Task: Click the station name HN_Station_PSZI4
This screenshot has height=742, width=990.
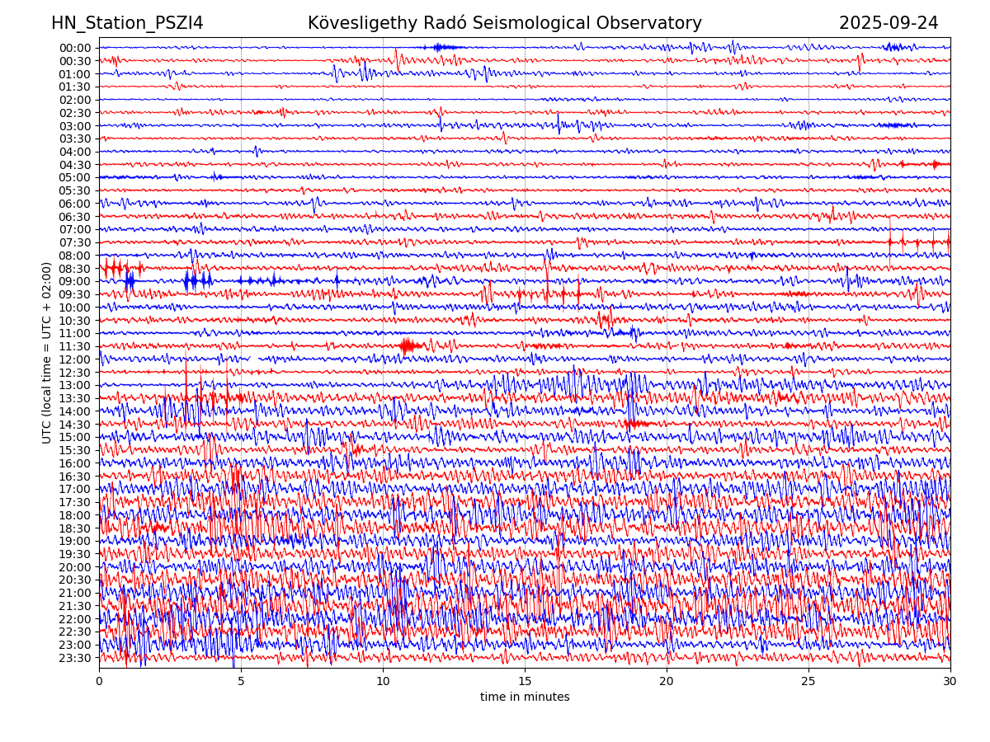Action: (x=127, y=23)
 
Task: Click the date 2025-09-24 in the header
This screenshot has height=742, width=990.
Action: (x=889, y=23)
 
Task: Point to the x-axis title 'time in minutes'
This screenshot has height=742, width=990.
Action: (x=525, y=697)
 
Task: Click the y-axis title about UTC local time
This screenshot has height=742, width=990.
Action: (x=47, y=352)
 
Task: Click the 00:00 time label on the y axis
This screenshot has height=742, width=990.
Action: (x=75, y=48)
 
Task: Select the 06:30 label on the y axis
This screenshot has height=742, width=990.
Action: (x=75, y=217)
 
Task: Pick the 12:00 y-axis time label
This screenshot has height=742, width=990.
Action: (x=75, y=359)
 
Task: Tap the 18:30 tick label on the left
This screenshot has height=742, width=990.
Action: (x=75, y=528)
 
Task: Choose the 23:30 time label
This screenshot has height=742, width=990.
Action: (x=75, y=658)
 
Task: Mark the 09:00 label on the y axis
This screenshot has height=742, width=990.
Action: (x=75, y=281)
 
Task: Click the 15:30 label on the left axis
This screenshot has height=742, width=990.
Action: (x=75, y=450)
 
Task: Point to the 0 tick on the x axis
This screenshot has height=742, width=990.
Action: (x=99, y=682)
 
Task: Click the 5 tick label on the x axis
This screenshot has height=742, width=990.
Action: (x=241, y=682)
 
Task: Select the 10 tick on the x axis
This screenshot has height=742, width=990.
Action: (x=383, y=682)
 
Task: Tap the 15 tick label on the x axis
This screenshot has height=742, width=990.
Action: (x=525, y=682)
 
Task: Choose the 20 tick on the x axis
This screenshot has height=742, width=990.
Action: (x=667, y=682)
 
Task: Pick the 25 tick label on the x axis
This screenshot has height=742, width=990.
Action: (x=808, y=682)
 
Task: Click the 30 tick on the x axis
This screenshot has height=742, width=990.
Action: (x=950, y=682)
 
